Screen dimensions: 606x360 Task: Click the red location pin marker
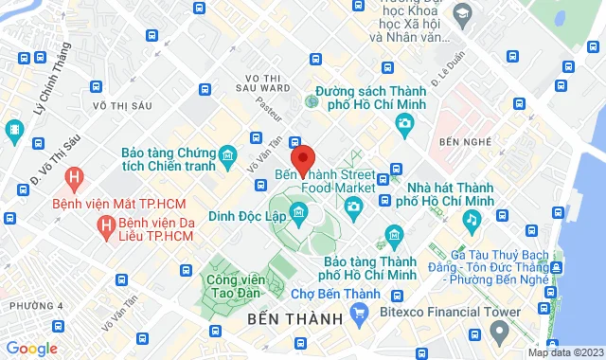(x=303, y=160)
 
